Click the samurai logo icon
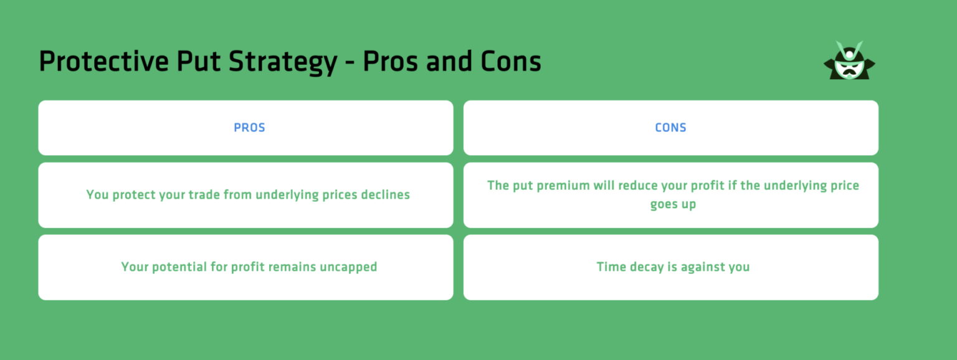pos(849,60)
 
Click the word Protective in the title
pos(104,61)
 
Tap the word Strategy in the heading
pos(283,62)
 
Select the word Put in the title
pos(199,61)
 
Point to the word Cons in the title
pos(510,61)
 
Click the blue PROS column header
pos(249,128)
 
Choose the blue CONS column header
pos(671,128)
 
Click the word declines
pos(386,195)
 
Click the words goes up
pos(673,204)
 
